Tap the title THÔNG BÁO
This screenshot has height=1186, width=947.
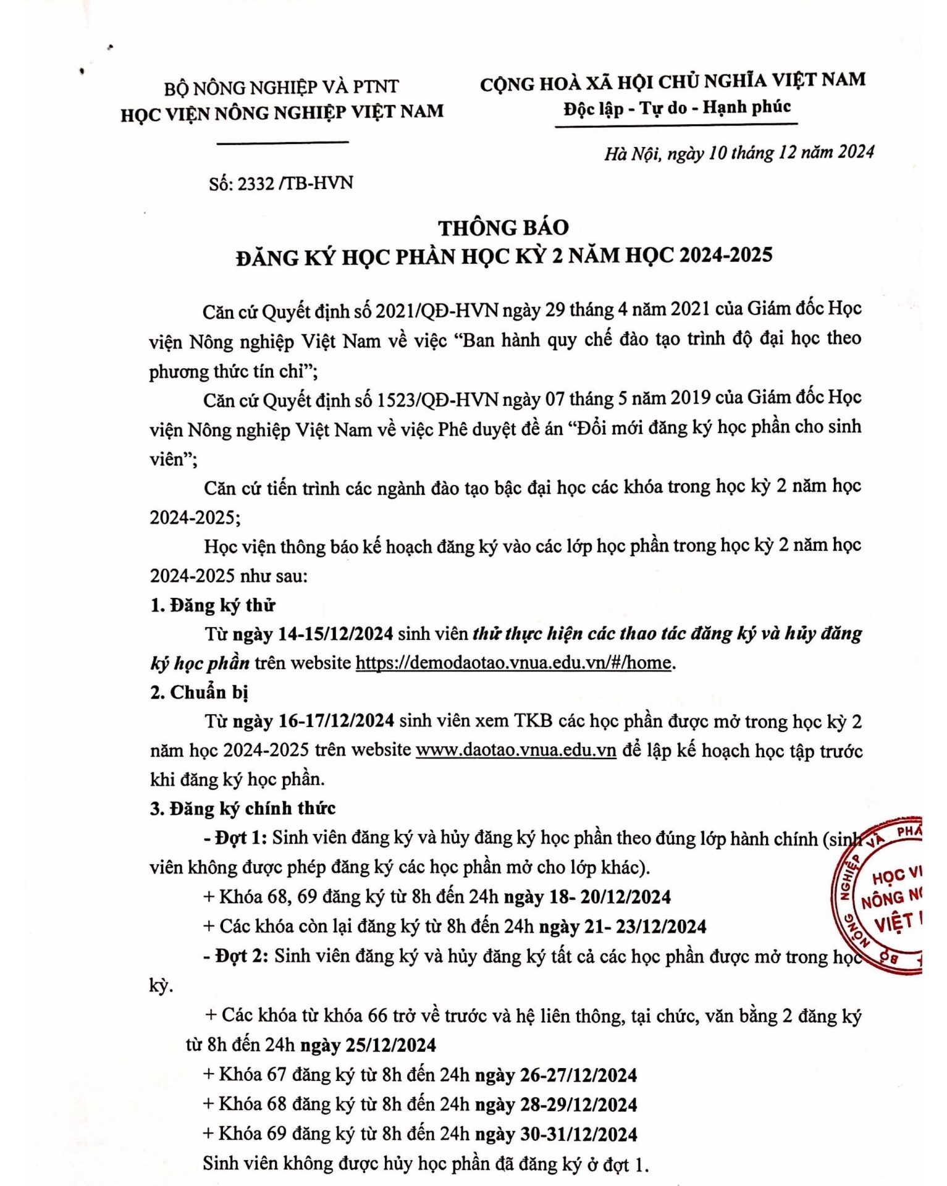coord(503,228)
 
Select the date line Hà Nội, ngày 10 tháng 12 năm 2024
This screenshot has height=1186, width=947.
coord(739,153)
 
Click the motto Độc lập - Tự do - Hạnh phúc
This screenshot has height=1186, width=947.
coord(676,108)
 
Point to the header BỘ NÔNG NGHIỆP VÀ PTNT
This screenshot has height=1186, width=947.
coord(281,87)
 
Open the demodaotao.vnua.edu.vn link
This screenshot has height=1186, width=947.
coord(513,663)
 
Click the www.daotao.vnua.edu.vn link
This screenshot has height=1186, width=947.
coord(516,750)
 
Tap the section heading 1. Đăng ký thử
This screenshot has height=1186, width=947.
coord(213,605)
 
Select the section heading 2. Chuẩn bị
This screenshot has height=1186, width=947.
coord(199,692)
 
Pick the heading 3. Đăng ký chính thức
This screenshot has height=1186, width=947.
coord(243,809)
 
